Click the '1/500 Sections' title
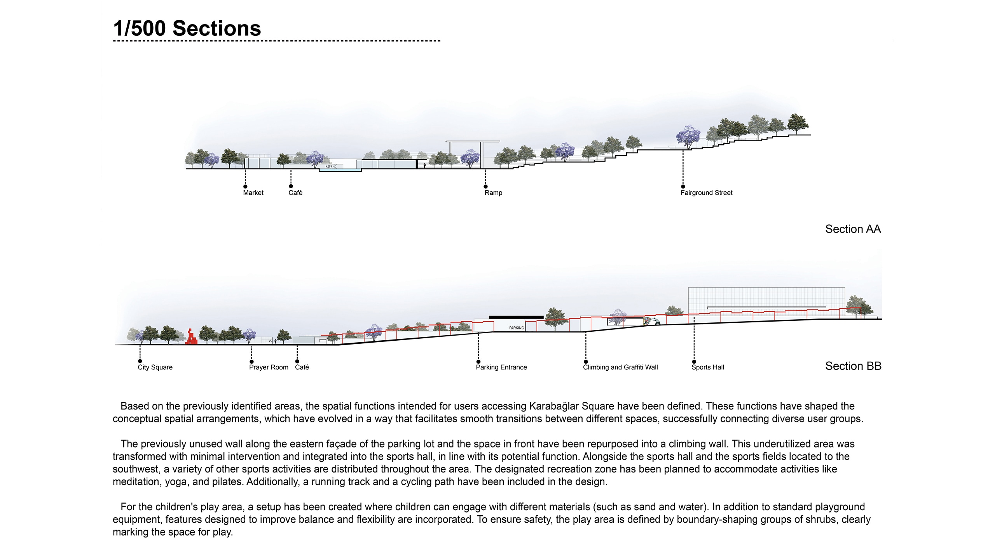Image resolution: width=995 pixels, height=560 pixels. coord(187,28)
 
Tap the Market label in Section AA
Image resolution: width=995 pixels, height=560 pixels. coord(253,193)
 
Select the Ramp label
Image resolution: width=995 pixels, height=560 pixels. coord(493,193)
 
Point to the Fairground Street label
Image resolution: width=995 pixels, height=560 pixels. coord(706,193)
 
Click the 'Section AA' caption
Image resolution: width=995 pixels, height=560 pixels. coord(853,229)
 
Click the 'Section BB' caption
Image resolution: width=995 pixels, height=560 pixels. coord(853,366)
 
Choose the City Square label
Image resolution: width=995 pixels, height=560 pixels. coord(155,367)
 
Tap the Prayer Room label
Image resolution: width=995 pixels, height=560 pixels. coord(269,367)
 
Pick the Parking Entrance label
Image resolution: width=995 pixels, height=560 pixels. coord(501,367)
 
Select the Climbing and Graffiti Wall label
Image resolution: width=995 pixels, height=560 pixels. coord(620,367)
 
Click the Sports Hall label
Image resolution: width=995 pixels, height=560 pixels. coord(707,367)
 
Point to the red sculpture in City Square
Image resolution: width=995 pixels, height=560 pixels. coord(191,338)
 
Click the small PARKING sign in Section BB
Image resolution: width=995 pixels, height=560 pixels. coord(517,328)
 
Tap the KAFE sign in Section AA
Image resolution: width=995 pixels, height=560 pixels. coord(330,166)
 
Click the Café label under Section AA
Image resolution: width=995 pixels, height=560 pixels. coord(295,193)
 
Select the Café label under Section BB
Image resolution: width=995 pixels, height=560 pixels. coord(302,367)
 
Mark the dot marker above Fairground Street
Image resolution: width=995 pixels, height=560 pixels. coord(683,187)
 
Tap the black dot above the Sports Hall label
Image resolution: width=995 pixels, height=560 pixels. coord(694,362)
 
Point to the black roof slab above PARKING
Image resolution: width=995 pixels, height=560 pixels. coord(516,317)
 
